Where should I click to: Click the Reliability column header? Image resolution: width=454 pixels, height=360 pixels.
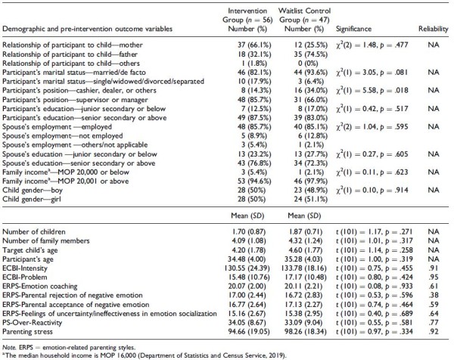433,29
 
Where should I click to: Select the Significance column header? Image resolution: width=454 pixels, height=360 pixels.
353,29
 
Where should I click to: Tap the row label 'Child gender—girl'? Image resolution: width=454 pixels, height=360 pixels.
32,200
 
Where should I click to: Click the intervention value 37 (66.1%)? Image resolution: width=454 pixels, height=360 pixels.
254,45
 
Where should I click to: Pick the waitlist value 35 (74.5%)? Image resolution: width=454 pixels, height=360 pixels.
310,54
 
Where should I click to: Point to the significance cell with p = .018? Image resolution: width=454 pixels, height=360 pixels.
372,91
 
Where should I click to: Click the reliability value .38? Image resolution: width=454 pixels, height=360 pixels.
434,296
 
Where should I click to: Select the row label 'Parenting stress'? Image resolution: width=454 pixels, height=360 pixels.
27,332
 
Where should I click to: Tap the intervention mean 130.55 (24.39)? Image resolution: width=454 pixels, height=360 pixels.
247,268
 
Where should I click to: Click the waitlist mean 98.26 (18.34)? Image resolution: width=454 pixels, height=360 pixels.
306,332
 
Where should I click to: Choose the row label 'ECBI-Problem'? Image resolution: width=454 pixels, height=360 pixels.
25,278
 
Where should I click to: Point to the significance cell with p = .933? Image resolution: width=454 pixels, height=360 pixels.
375,287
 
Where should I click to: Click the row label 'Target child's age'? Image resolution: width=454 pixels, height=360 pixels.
30,250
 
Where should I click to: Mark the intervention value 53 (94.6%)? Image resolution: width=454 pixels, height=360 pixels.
254,182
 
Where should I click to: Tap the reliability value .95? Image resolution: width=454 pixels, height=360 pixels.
434,278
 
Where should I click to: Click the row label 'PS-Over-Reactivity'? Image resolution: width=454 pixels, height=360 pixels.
32,323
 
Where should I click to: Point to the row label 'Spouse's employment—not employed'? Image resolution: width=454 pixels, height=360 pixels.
63,136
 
